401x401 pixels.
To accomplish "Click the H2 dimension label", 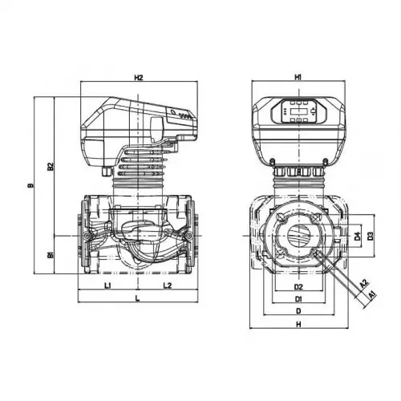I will coord(138,78).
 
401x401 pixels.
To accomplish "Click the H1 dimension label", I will coord(298,78).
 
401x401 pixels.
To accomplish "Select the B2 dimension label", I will coord(50,167).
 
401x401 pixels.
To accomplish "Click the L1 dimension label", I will coord(107,285).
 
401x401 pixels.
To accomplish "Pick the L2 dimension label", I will coord(168,285).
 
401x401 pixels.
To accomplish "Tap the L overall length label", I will coord(138,298).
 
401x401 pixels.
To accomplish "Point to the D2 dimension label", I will coord(298,286).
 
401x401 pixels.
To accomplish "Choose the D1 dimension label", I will coord(298,299).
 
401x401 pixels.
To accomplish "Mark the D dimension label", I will coord(298,311).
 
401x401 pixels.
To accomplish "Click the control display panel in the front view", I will coord(298,110).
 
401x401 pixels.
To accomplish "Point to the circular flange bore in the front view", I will coord(298,236).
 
